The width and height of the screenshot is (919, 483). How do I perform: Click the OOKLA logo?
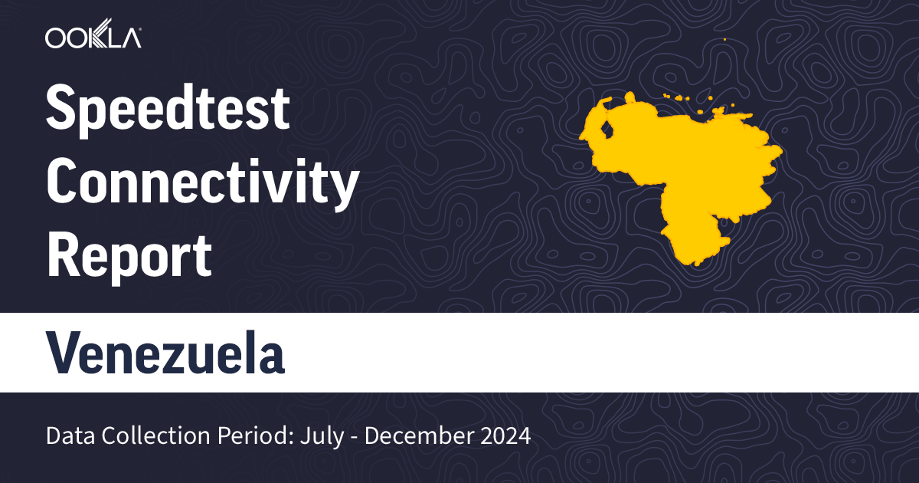93,38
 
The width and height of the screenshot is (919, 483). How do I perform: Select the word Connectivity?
202,183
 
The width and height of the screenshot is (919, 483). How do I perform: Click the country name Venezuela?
165,353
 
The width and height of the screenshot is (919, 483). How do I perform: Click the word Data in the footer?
66,436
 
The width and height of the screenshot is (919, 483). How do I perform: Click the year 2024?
503,436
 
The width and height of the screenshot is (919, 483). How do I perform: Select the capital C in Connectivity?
64,183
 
